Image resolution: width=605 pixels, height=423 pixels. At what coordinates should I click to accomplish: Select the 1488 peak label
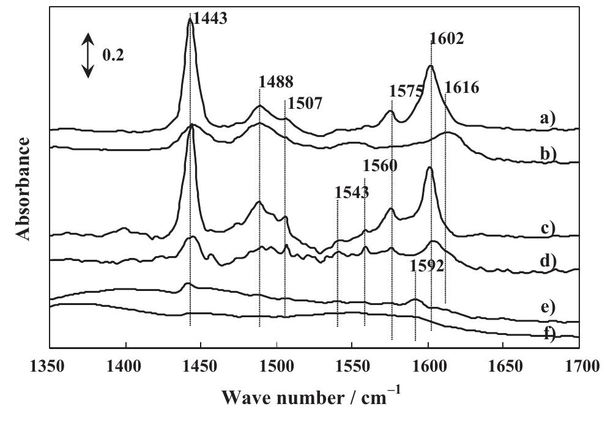click(276, 82)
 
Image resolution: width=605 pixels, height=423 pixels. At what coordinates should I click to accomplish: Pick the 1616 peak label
click(461, 87)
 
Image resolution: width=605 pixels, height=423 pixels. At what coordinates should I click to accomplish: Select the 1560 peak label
click(380, 165)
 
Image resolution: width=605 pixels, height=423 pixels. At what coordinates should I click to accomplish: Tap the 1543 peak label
click(352, 193)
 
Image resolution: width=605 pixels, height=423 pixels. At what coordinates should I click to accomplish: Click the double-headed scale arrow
click(89, 55)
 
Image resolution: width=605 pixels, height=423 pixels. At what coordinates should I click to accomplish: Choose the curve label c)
click(547, 229)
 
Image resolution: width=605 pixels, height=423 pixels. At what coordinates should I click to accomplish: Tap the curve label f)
click(547, 334)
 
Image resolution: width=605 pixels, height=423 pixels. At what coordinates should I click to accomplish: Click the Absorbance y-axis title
click(23, 188)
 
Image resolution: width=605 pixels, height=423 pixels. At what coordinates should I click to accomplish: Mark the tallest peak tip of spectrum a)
click(190, 19)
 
